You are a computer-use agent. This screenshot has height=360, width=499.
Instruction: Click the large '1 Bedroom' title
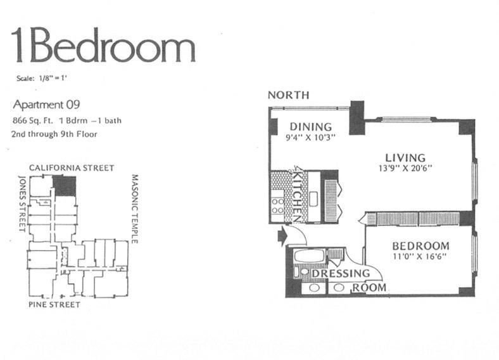[x=103, y=45]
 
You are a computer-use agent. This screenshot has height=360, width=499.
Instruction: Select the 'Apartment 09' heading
[x=46, y=105]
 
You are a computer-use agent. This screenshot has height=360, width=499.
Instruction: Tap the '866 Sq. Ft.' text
[x=33, y=121]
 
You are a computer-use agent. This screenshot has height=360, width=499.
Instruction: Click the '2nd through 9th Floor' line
[x=54, y=134]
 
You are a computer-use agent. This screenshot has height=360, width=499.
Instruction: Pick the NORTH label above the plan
[x=288, y=95]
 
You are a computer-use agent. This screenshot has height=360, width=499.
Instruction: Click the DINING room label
[x=310, y=127]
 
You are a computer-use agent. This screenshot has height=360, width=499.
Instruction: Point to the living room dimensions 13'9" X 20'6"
[x=405, y=168]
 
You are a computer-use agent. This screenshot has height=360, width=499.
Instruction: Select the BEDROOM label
[x=420, y=246]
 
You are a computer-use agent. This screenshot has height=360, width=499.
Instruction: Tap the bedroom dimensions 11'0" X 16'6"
[x=420, y=256]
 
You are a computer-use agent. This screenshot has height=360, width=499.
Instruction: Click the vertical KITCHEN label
[x=298, y=196]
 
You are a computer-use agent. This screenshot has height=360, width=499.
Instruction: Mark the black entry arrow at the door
[x=282, y=236]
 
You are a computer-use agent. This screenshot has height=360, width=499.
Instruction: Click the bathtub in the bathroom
[x=309, y=256]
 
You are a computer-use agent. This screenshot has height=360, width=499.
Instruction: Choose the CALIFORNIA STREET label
[x=72, y=168]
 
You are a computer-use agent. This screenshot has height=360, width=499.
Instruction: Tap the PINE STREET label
[x=54, y=305]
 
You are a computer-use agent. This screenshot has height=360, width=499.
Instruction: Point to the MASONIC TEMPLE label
[x=135, y=209]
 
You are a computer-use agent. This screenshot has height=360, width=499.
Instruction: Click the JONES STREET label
[x=22, y=203]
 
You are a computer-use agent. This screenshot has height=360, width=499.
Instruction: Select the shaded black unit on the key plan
[x=65, y=186]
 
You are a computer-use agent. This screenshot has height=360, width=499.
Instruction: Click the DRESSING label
[x=341, y=274]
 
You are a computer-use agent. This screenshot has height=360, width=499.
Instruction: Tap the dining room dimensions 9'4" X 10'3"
[x=310, y=138]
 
